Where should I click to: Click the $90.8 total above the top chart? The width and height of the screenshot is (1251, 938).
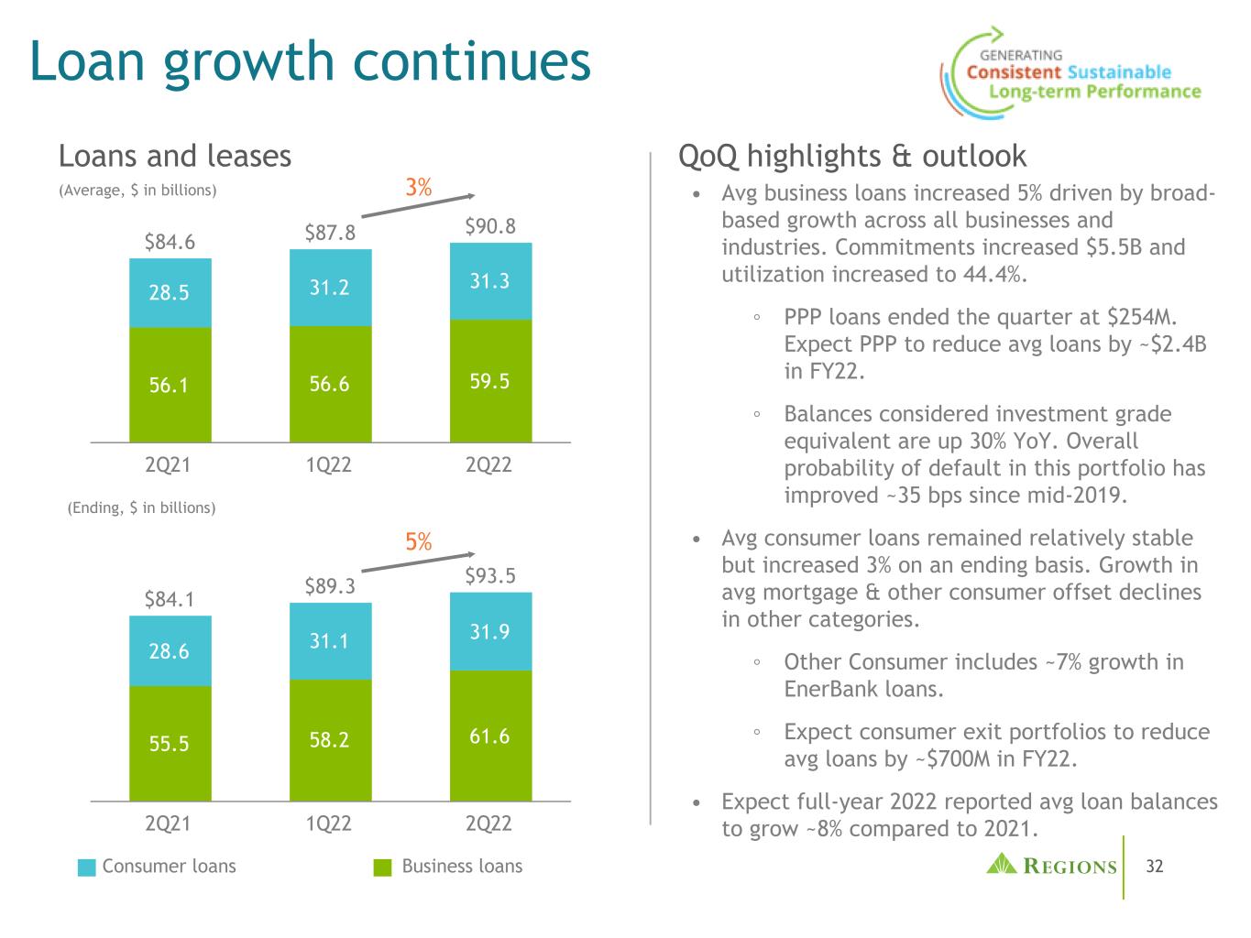[489, 226]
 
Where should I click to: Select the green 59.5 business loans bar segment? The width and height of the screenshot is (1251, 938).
[490, 381]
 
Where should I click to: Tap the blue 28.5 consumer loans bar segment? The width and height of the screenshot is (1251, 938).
[170, 293]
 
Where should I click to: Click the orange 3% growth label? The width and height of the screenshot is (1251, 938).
[419, 188]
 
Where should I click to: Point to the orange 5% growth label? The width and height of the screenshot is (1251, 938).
[419, 542]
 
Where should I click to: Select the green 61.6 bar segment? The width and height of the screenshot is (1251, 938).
[490, 736]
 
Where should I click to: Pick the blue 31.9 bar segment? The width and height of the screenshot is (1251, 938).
[490, 632]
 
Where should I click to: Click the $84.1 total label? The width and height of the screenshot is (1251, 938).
[170, 600]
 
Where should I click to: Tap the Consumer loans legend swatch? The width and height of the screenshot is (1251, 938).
[87, 867]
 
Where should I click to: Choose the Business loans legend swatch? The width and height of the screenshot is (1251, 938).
[386, 867]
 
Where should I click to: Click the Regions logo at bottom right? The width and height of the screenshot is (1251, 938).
[1052, 866]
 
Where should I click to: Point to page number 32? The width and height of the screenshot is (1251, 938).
[1155, 866]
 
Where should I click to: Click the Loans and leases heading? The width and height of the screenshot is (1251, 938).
[175, 157]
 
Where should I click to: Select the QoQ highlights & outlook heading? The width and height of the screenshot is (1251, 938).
[852, 157]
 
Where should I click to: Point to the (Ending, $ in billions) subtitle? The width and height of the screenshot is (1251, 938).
[141, 507]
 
